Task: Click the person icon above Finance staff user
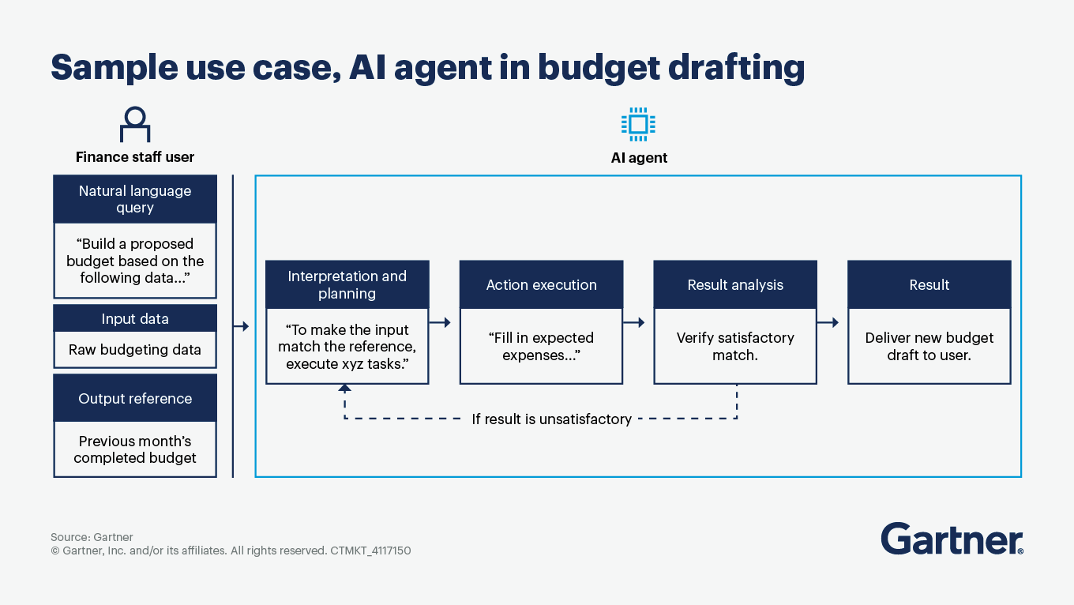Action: pyautogui.click(x=135, y=125)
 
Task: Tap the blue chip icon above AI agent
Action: pyautogui.click(x=638, y=124)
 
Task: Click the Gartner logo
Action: pyautogui.click(x=952, y=539)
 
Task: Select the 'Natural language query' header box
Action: pyautogui.click(x=135, y=199)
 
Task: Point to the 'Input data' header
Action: pyautogui.click(x=135, y=319)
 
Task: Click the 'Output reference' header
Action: pyautogui.click(x=135, y=399)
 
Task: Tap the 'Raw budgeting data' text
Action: pyautogui.click(x=135, y=350)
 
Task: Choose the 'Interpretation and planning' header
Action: pyautogui.click(x=347, y=284)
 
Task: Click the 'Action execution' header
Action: pyautogui.click(x=541, y=285)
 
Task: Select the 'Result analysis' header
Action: pyautogui.click(x=735, y=285)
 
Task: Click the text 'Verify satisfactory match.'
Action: pyautogui.click(x=735, y=346)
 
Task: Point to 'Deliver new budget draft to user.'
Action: pyautogui.click(x=929, y=346)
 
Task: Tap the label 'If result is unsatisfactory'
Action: pyautogui.click(x=551, y=419)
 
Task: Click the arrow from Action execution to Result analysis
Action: pyautogui.click(x=634, y=322)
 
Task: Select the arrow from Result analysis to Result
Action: pyautogui.click(x=828, y=322)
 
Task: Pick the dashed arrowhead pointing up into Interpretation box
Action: pyautogui.click(x=344, y=389)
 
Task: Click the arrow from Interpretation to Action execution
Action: pyautogui.click(x=441, y=322)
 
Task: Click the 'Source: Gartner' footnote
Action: pyautogui.click(x=92, y=537)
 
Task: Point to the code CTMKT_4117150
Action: pyautogui.click(x=370, y=551)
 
